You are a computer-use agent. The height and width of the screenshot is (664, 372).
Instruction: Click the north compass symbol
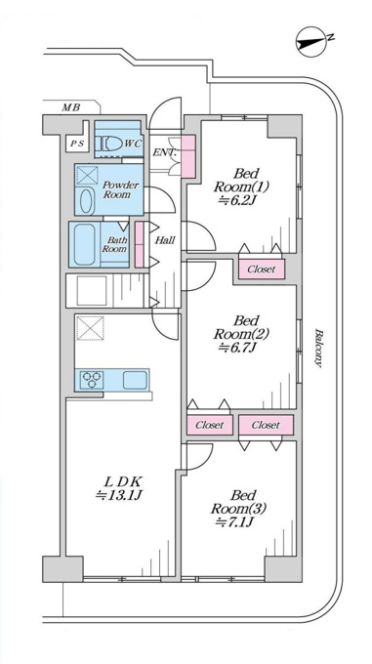point(311,41)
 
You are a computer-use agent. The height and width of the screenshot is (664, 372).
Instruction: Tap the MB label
point(71,107)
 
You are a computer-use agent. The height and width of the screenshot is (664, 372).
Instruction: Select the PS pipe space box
point(77,144)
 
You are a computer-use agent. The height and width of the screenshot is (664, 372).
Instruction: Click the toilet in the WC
point(108,145)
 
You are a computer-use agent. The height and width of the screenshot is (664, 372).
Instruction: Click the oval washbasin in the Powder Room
point(86,201)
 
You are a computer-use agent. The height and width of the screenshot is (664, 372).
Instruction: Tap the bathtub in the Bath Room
point(84,244)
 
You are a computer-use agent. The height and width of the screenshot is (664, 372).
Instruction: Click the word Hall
point(165,240)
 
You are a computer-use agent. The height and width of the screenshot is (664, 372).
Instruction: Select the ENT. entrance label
point(164,152)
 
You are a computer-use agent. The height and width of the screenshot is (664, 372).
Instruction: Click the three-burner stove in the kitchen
point(92,380)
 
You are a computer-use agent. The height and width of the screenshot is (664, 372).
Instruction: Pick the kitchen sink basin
point(136,380)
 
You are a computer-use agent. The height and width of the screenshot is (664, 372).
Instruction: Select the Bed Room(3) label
point(239,508)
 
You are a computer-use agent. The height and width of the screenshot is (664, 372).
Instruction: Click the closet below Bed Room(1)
point(261,269)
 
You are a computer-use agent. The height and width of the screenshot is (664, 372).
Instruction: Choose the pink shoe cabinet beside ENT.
point(187,156)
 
